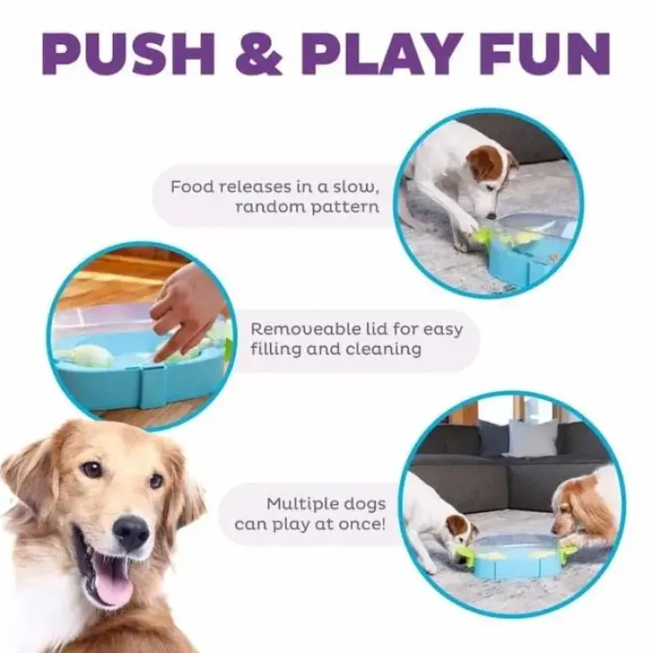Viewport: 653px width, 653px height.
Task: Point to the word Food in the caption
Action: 192,186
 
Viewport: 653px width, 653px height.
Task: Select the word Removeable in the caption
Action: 309,329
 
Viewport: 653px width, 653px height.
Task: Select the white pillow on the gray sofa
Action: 532,437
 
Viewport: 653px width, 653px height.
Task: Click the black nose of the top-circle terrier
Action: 492,216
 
